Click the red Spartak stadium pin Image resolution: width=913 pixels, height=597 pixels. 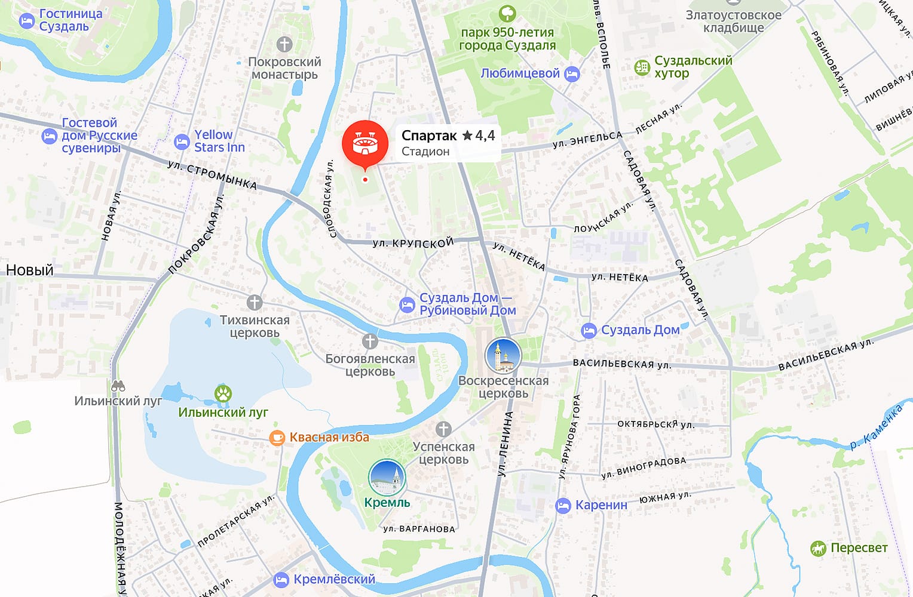364,144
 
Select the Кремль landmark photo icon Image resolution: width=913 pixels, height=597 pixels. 387,478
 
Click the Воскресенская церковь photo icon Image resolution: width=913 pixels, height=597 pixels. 503,356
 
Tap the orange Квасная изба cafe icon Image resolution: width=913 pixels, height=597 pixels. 277,438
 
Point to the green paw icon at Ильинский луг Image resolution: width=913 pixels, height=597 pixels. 223,394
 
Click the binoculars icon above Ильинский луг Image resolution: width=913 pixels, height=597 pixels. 118,386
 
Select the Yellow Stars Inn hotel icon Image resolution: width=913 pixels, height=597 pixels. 182,142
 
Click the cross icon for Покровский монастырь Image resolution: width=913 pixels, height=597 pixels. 284,44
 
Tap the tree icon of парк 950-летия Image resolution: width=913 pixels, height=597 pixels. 507,13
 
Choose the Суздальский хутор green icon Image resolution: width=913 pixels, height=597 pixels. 642,67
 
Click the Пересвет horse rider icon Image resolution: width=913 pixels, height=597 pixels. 817,548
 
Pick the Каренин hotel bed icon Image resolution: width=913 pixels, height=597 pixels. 563,506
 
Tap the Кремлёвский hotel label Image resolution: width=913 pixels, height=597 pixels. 334,579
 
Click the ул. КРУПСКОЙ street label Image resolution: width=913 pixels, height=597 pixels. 413,243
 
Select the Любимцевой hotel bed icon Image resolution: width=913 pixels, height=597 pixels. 572,74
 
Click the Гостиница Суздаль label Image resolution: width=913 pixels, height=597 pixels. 71,20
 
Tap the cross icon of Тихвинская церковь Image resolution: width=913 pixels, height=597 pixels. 255,303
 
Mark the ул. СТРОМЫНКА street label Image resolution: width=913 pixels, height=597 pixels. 212,175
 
